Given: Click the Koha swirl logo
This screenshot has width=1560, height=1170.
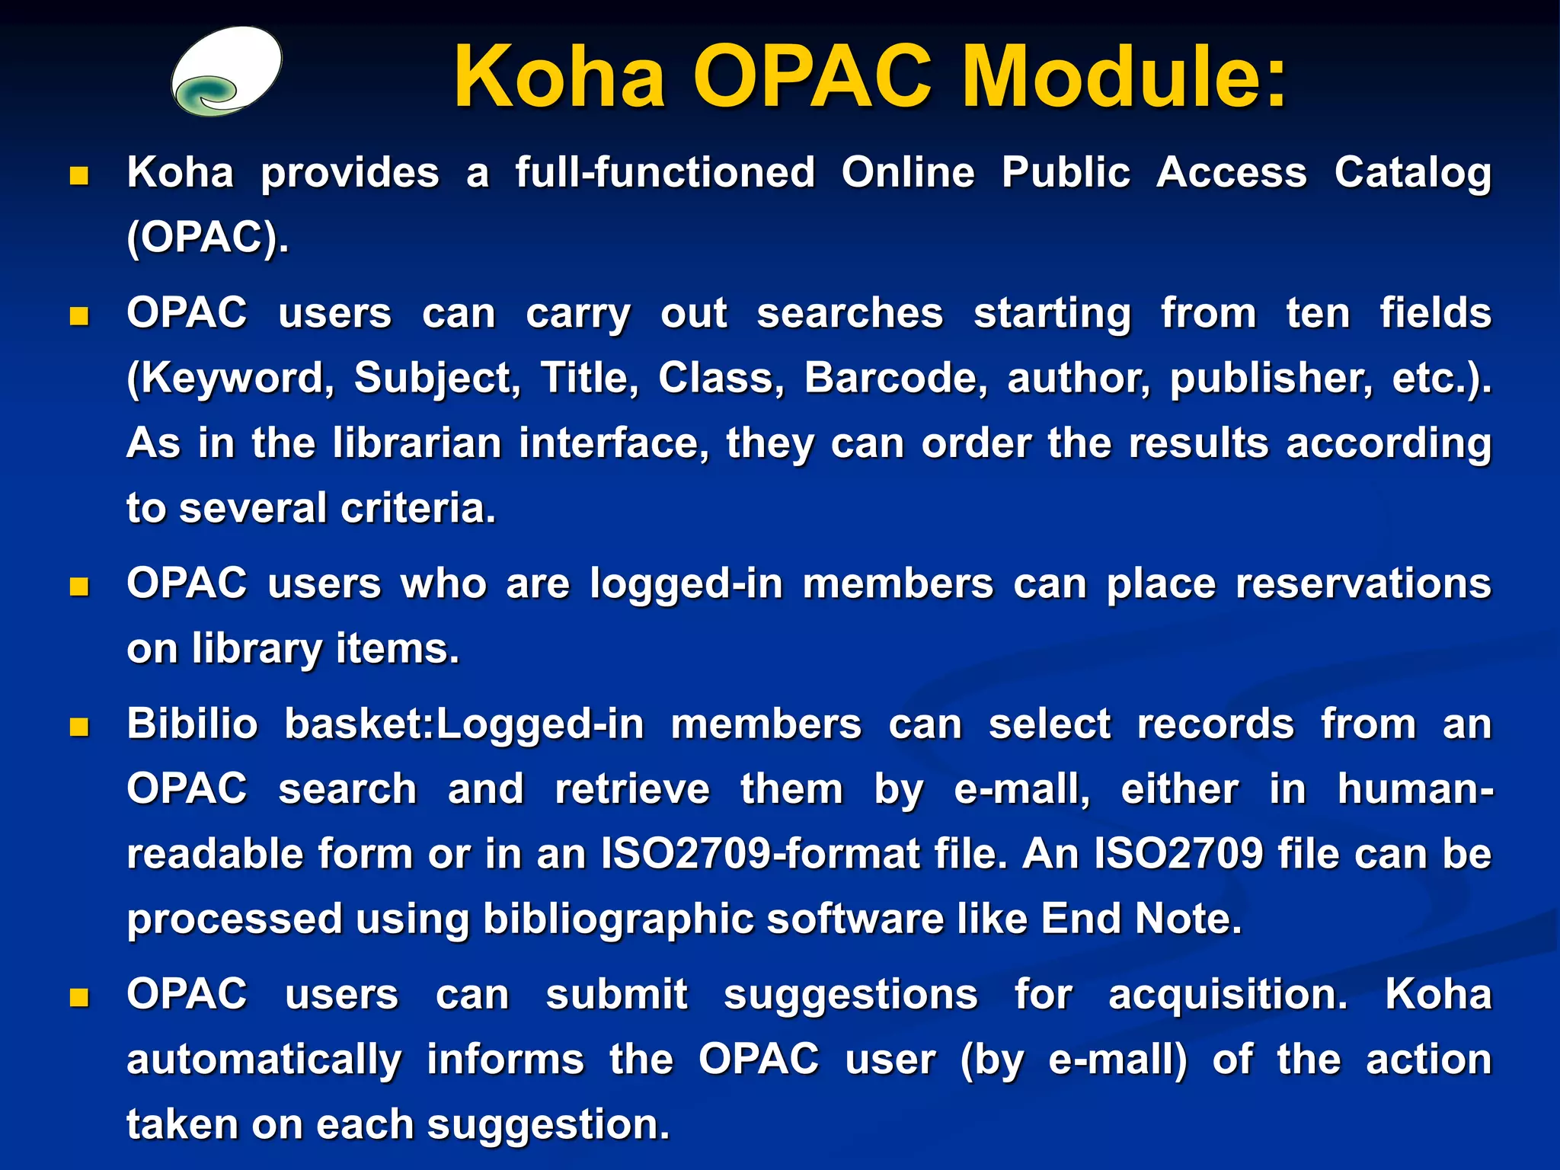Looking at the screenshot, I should [x=226, y=71].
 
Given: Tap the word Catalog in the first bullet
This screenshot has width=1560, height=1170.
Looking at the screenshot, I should [x=1412, y=173].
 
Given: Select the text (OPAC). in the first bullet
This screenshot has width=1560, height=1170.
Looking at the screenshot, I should [x=208, y=238].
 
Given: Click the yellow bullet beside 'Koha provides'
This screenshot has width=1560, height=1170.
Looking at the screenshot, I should [x=79, y=177].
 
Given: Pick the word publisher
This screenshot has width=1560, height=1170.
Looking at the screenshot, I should [x=1271, y=378].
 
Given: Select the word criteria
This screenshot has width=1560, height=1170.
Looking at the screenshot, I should [x=418, y=508].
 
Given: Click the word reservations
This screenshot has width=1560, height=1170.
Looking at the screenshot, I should [x=1363, y=584].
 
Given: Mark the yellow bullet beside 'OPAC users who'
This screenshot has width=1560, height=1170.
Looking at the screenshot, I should [x=79, y=587].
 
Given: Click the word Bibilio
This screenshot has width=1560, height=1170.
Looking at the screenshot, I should [x=192, y=724].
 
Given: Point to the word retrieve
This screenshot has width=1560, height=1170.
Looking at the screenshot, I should [x=631, y=789].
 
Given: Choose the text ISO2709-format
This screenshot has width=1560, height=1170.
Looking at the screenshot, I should [x=760, y=854].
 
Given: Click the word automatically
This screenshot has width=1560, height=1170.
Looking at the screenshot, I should [x=264, y=1060].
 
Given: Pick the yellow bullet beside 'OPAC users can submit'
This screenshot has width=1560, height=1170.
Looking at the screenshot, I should [x=79, y=998].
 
